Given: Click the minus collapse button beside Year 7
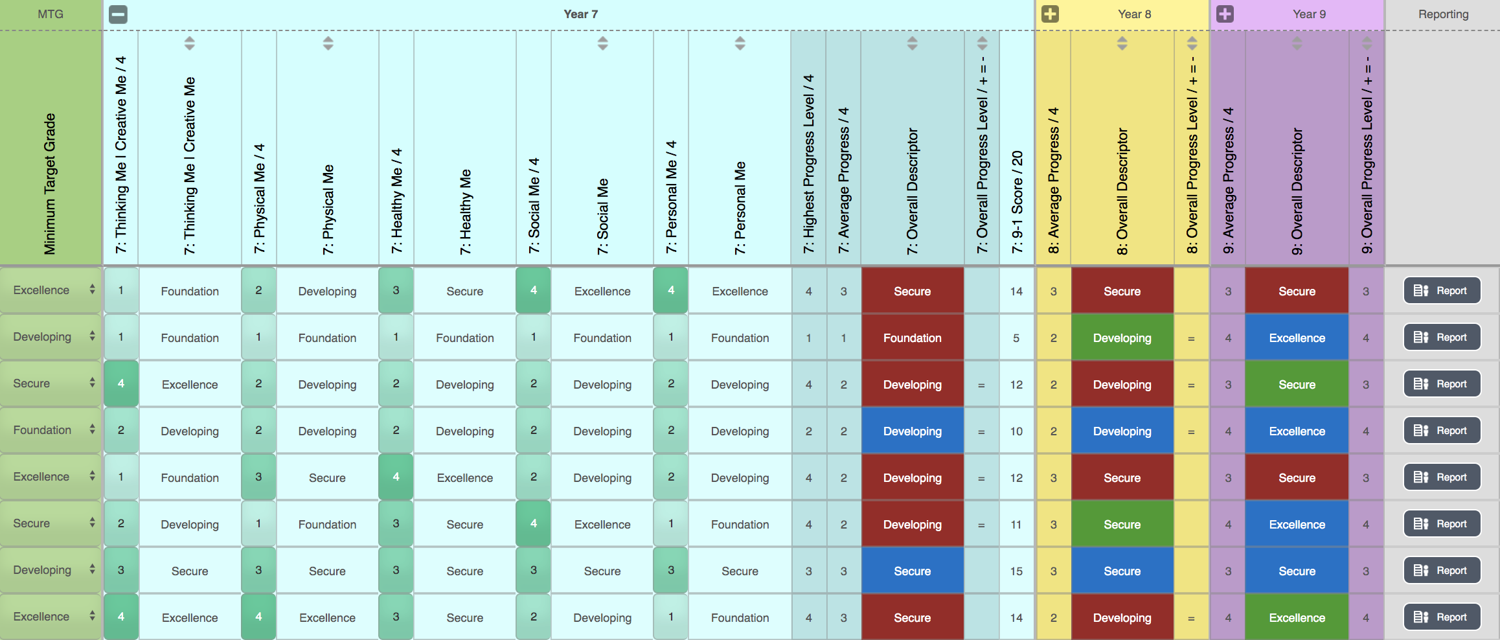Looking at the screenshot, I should (x=118, y=14).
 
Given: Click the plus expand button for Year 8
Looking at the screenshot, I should (x=1050, y=14).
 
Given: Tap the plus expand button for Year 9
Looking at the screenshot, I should (x=1225, y=14).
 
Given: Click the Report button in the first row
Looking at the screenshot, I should (x=1442, y=291).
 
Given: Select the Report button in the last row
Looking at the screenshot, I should (x=1442, y=617).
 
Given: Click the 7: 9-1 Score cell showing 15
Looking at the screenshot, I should (x=1016, y=571).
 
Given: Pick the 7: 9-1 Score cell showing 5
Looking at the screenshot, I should (x=1016, y=338).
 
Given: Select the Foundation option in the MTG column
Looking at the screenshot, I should (x=51, y=430).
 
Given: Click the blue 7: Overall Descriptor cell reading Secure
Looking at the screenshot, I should (x=912, y=571).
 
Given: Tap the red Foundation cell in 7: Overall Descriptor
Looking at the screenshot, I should (x=912, y=338).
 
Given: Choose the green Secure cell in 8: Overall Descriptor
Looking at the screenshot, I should (x=1122, y=525).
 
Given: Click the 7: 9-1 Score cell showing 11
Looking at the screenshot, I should (x=1016, y=525).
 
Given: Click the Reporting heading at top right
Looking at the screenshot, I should (x=1443, y=14).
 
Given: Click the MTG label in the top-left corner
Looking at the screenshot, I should (x=50, y=14).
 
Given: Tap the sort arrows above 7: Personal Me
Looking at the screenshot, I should (x=740, y=43).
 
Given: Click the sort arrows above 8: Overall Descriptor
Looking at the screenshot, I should (x=1122, y=43).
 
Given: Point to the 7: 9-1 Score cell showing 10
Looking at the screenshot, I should (x=1016, y=431).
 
